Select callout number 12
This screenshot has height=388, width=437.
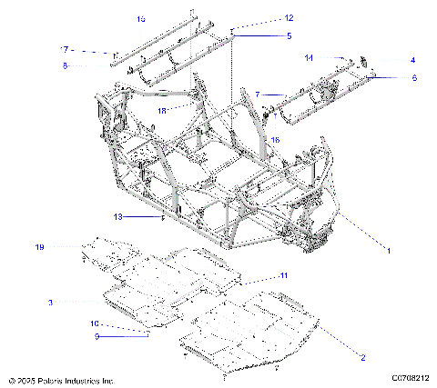point(263,18)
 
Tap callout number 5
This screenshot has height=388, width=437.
point(263,35)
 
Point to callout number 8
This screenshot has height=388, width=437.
point(65,65)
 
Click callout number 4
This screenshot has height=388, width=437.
point(412,60)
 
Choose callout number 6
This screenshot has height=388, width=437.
point(414,78)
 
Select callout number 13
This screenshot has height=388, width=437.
point(142,217)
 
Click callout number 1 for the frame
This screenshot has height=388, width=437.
point(390,249)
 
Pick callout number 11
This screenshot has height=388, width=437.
point(283,274)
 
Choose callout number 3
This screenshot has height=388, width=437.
point(51,302)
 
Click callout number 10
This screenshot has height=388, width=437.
point(94,323)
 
